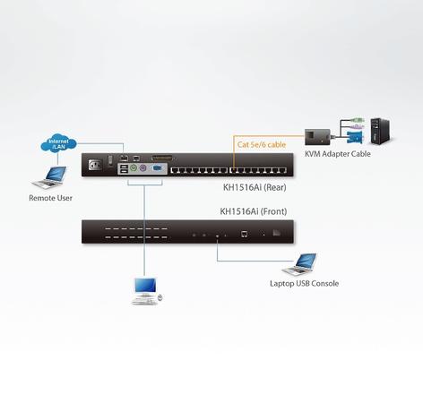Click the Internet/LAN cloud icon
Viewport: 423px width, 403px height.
58,143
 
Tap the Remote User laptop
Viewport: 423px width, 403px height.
49,177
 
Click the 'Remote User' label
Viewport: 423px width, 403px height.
50,198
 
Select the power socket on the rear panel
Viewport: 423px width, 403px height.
95,165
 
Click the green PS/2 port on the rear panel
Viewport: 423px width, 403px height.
134,168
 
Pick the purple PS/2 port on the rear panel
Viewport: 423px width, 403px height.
143,168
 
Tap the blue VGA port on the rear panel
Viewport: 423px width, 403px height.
157,168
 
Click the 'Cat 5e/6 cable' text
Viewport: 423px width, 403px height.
262,144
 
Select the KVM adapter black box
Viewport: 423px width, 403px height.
317,137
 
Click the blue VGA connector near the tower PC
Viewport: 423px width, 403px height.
355,137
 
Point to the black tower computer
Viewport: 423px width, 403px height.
381,132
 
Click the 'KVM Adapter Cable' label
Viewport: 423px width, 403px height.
338,154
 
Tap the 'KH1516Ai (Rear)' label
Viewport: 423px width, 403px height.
255,187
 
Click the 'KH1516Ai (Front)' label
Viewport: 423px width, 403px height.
254,211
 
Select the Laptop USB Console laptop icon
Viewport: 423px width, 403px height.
299,264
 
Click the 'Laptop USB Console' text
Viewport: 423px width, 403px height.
304,283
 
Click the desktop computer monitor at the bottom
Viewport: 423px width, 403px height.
145,286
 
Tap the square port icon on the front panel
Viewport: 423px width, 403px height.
244,234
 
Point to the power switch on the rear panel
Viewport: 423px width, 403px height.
110,160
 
